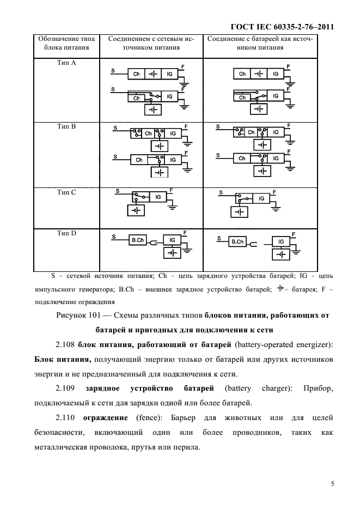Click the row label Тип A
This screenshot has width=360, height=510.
[66, 63]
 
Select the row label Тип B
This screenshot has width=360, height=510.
[66, 126]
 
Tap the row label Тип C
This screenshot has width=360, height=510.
[66, 192]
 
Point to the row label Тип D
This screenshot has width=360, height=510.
[66, 233]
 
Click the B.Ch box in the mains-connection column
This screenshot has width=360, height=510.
[137, 240]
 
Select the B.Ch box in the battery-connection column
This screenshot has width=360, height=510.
[237, 241]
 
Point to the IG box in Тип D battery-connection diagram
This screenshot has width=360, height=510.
[281, 241]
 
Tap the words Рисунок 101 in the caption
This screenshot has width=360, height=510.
[78, 316]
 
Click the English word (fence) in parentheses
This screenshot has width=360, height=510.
[144, 418]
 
